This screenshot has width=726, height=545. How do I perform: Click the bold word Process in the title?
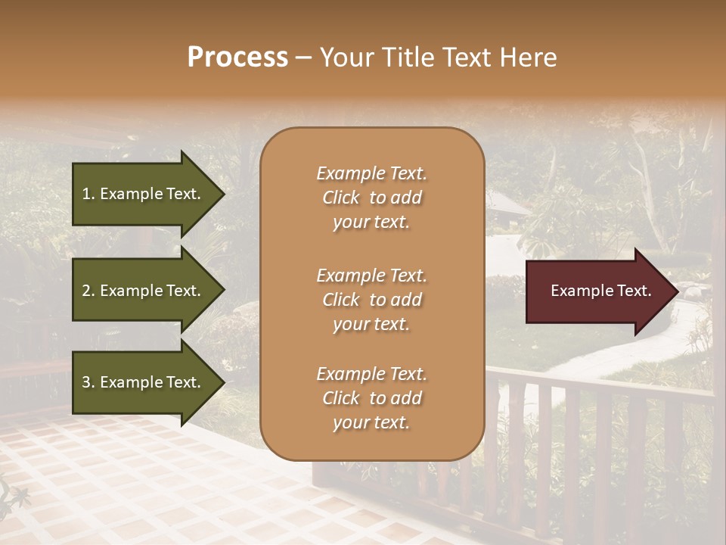237,58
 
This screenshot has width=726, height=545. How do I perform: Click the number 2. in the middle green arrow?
88,291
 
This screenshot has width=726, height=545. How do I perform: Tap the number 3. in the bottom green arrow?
88,382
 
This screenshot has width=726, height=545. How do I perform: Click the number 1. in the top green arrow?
88,194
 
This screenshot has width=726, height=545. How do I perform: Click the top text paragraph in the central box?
371,198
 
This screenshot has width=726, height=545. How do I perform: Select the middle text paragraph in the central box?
371,299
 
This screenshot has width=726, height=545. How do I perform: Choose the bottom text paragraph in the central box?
371,398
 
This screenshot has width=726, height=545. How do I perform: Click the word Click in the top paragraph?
340,198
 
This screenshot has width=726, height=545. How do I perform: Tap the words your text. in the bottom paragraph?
371,422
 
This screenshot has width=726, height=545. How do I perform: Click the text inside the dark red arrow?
601,291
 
